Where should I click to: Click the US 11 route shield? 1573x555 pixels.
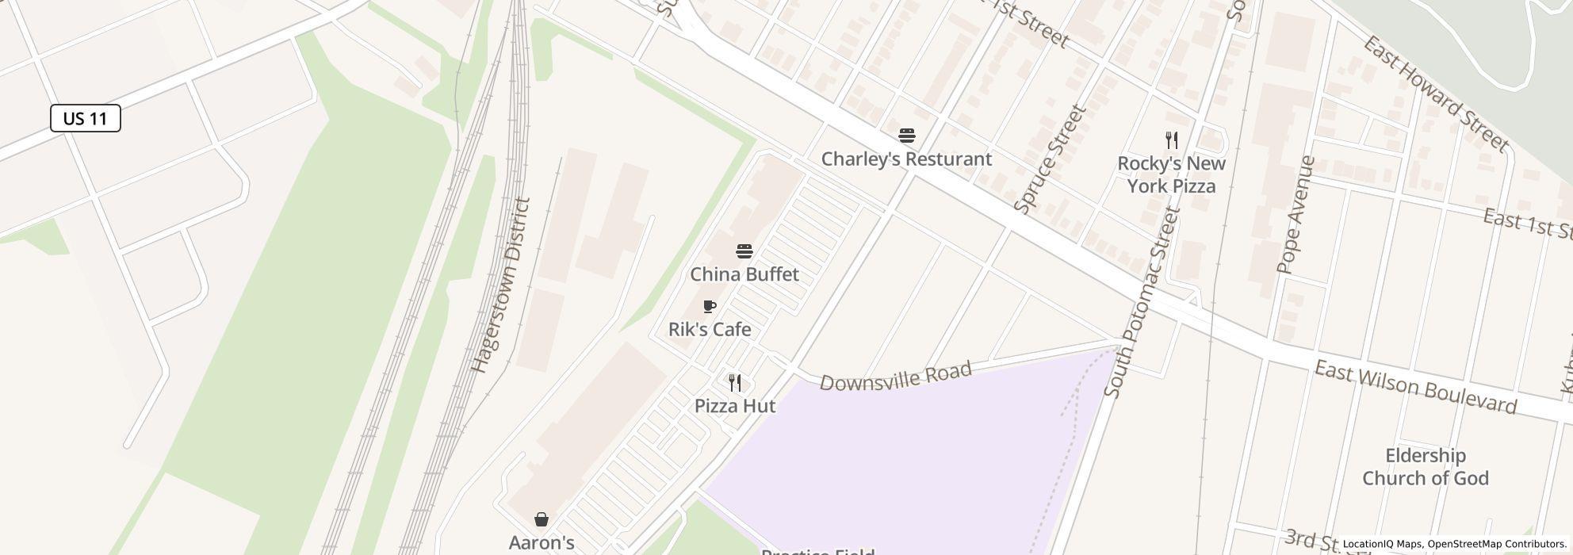point(86,118)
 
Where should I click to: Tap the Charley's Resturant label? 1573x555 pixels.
point(906,159)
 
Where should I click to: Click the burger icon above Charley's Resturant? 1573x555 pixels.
point(907,136)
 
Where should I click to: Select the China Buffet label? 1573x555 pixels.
point(744,274)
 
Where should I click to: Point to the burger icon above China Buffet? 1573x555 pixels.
point(744,251)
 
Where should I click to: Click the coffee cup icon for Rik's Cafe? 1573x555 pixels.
point(710,307)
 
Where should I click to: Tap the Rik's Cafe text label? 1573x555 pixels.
point(710,329)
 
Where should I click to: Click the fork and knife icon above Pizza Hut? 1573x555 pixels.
point(735,383)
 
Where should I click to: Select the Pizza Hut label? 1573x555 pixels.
point(735,406)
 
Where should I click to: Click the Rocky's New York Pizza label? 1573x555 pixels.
point(1171,174)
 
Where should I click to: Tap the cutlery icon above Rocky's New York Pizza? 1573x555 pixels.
point(1172,140)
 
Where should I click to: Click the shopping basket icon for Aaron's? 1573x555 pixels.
point(542,519)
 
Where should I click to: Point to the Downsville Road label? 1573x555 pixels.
point(896,377)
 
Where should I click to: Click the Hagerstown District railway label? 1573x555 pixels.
point(500,285)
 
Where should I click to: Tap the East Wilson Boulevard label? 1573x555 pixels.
point(1415,388)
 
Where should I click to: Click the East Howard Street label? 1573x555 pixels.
point(1434,94)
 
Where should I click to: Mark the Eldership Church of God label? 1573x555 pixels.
point(1425,467)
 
